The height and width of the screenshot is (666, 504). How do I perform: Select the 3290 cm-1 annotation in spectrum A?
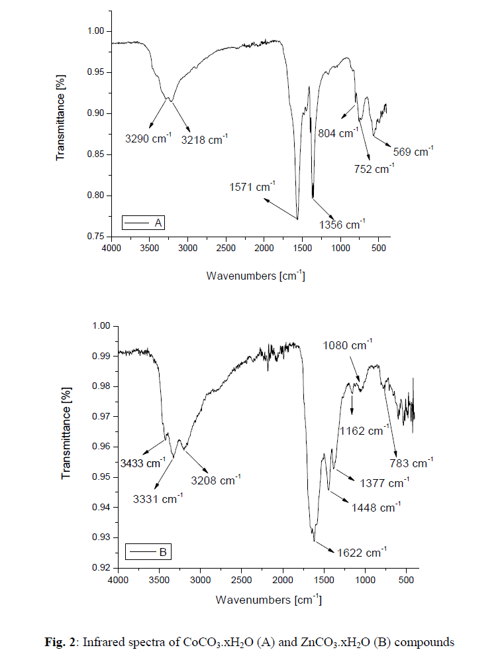(x=148, y=140)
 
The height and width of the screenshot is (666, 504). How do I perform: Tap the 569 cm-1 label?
(x=412, y=152)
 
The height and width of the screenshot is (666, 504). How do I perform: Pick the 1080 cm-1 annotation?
(x=348, y=345)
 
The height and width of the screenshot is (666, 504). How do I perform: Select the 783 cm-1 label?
(x=410, y=460)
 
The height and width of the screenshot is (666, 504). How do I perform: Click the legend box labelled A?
(x=142, y=223)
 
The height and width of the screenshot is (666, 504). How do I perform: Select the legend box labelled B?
(x=149, y=551)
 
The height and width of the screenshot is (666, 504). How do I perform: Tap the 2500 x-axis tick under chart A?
(x=226, y=248)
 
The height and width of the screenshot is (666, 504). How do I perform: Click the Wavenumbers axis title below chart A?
(x=256, y=275)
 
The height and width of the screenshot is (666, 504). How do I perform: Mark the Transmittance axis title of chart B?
(x=67, y=443)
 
